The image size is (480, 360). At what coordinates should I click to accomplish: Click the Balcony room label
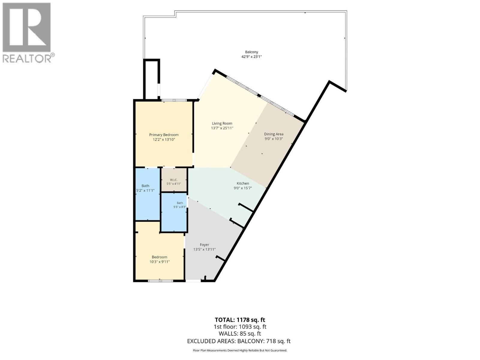(x=251, y=52)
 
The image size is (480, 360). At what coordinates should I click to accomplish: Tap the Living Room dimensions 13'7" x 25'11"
(x=222, y=128)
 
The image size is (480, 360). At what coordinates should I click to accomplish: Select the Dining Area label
(x=274, y=134)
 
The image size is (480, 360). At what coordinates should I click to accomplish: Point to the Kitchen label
(x=243, y=183)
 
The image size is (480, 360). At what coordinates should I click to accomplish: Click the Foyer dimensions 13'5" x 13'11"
(x=204, y=249)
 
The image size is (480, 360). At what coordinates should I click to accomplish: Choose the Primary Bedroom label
(x=164, y=135)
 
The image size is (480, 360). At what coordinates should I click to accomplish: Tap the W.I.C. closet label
(x=174, y=180)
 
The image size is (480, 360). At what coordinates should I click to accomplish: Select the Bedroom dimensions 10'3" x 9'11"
(x=159, y=262)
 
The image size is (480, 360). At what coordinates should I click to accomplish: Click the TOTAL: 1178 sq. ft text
(x=240, y=320)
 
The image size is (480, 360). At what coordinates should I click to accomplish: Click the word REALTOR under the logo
(x=27, y=58)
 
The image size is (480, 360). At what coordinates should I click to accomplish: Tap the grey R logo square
(x=27, y=27)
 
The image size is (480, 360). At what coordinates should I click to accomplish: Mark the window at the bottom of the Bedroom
(x=160, y=281)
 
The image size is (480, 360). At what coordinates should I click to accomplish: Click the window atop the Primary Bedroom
(x=174, y=100)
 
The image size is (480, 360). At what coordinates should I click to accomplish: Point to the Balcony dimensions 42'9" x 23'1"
(x=251, y=57)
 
